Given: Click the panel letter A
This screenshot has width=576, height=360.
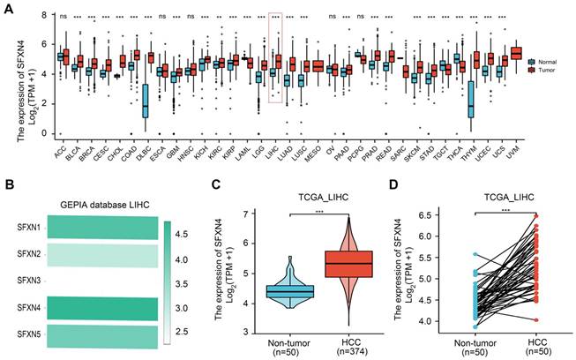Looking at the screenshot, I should (x=7, y=10).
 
